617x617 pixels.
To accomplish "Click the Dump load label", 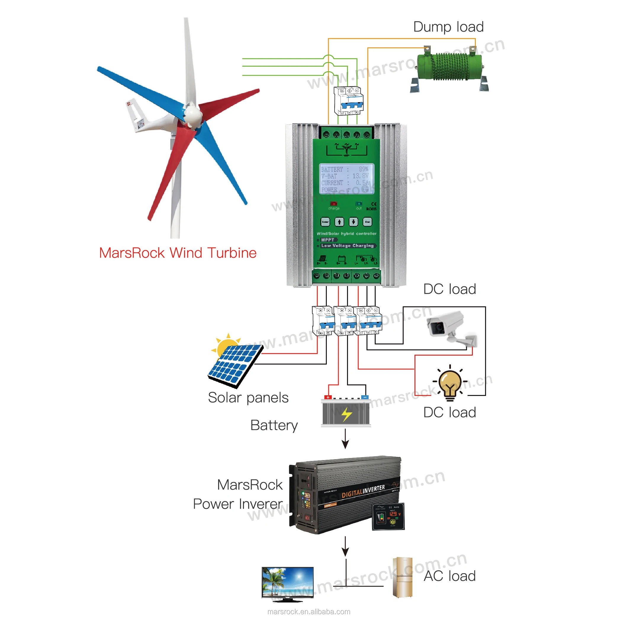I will [x=448, y=27].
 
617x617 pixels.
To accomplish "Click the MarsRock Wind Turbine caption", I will [x=178, y=253].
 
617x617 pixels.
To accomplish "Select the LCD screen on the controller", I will [x=346, y=179].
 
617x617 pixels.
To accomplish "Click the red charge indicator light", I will [x=333, y=204].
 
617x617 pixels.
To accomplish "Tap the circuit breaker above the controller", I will [x=348, y=101].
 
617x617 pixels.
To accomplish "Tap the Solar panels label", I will [x=248, y=398].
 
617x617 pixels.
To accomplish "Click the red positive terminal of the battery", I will [x=328, y=397].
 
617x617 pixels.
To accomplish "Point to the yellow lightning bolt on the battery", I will [x=346, y=414].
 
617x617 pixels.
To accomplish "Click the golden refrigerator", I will [x=402, y=577].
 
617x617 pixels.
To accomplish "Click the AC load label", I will [x=450, y=576].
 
